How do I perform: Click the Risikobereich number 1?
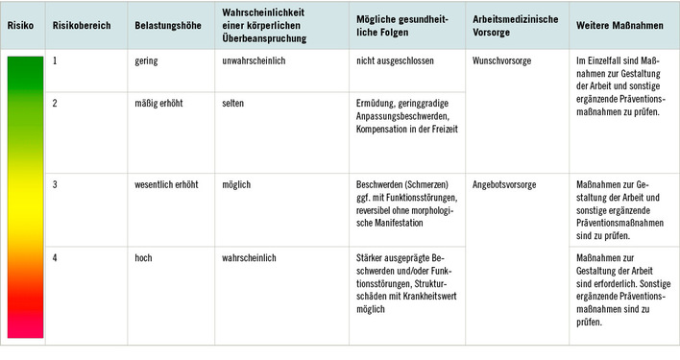pyautogui.click(x=56, y=60)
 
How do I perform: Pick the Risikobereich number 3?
pyautogui.click(x=56, y=182)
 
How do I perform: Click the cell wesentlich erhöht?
pyautogui.click(x=171, y=182)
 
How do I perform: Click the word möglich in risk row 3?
pyautogui.click(x=236, y=182)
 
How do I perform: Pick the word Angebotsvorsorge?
pyautogui.click(x=505, y=182)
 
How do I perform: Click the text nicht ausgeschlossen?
pyautogui.click(x=394, y=60)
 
